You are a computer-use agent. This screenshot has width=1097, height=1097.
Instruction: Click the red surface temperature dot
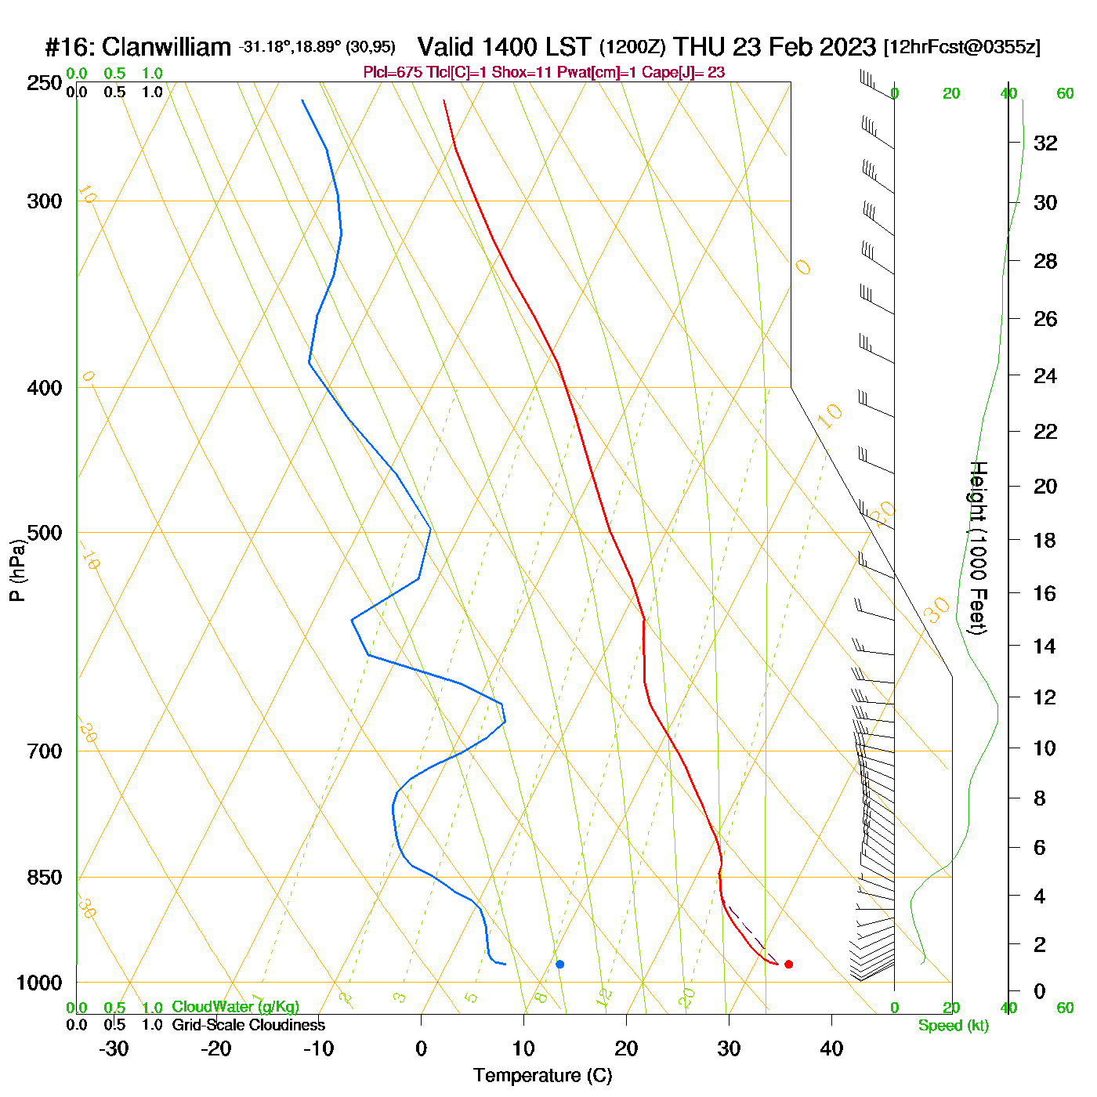[788, 964]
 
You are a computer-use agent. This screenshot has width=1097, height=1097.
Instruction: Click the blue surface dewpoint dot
[559, 964]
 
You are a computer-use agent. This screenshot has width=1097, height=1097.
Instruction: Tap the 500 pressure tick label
[45, 533]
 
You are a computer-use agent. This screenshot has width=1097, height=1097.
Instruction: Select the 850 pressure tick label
[45, 878]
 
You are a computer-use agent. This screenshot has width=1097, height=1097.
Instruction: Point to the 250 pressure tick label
[45, 83]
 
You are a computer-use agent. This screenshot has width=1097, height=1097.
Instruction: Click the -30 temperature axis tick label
[114, 1048]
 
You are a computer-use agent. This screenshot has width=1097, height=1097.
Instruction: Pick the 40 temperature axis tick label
[831, 1048]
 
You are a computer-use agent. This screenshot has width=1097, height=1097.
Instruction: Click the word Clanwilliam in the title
[166, 47]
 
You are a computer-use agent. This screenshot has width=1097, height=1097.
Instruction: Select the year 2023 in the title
[848, 47]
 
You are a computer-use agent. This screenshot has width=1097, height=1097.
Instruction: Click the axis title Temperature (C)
[542, 1076]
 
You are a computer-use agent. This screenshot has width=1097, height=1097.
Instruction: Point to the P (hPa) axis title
[17, 570]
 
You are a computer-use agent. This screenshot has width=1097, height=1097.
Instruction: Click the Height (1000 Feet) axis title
[979, 548]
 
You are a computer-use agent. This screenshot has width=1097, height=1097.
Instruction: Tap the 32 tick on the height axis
[1045, 143]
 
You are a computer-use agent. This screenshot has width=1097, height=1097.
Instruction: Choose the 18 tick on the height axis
[1045, 540]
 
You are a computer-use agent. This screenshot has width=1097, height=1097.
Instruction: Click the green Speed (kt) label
[954, 1026]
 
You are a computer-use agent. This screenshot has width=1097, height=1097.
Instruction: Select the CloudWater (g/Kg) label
[235, 1007]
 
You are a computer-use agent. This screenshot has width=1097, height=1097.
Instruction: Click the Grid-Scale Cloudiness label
[248, 1025]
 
